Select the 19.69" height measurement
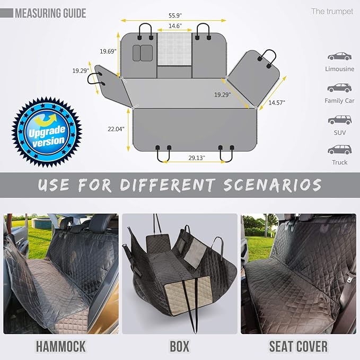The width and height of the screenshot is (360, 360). tap(108, 51)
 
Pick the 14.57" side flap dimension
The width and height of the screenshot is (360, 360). tap(276, 102)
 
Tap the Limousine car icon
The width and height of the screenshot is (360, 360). tap(339, 56)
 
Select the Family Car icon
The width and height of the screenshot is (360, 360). tap(339, 87)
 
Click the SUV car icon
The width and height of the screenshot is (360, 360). tap(339, 119)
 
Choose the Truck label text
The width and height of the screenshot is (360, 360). tap(339, 162)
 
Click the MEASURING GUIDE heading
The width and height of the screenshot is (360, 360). tap(50, 13)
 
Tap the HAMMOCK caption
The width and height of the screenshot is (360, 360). tap(60, 347)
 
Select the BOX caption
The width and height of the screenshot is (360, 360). tap(179, 347)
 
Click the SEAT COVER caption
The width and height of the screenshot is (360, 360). tap(298, 347)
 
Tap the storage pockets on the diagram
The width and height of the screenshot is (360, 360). tap(142, 52)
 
